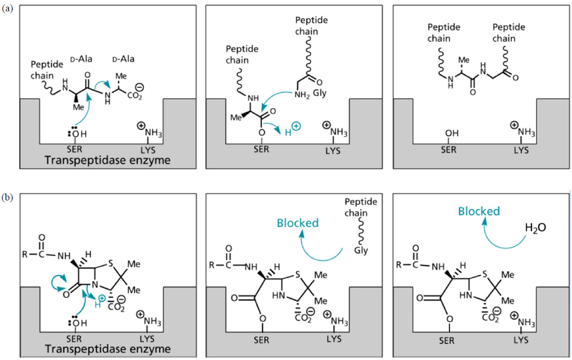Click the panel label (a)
7,9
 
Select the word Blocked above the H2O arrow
479,211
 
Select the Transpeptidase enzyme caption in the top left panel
107,160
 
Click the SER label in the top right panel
449,150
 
